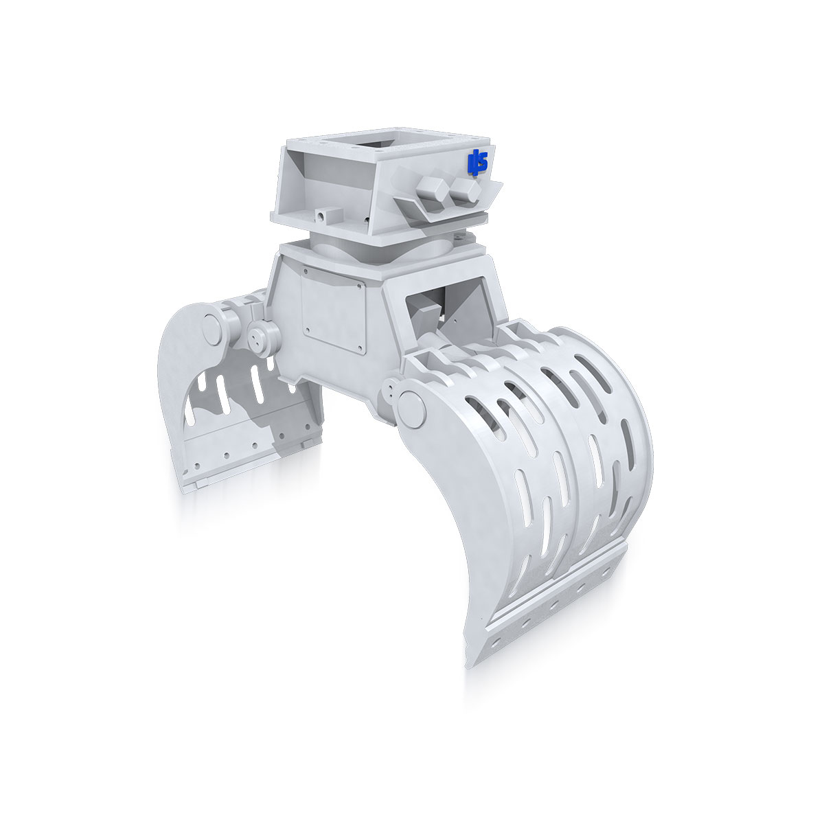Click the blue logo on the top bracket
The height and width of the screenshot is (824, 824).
[x=477, y=161]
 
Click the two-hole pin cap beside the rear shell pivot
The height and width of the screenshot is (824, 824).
[x=262, y=337]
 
